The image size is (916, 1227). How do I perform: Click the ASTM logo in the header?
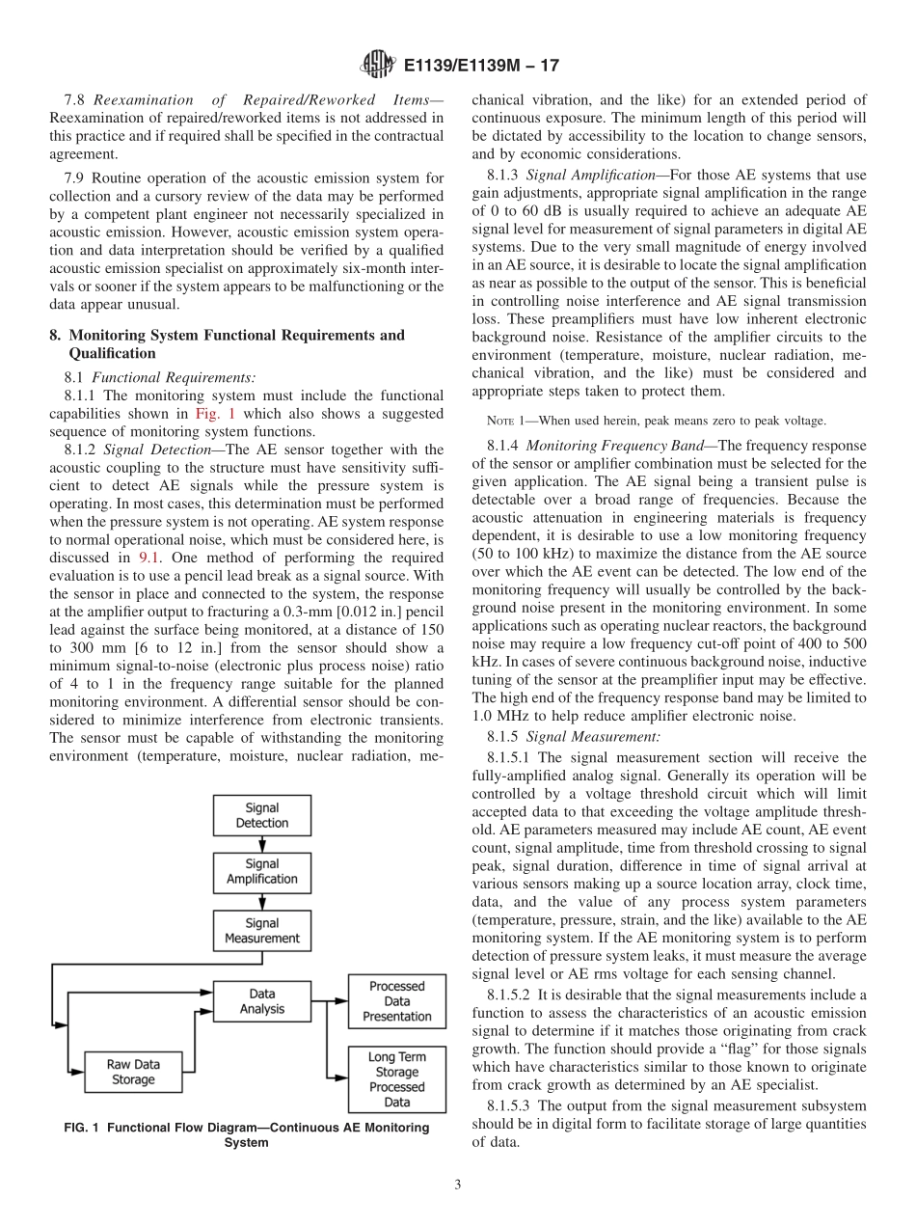point(377,66)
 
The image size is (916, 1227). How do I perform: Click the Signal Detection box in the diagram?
point(261,815)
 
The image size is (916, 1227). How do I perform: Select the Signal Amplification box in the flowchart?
point(261,872)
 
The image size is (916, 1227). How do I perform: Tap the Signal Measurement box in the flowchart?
point(261,931)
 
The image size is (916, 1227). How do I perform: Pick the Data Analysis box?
point(261,1001)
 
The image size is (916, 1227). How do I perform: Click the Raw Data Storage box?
point(133,1072)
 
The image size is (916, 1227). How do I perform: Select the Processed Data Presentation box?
point(396,1001)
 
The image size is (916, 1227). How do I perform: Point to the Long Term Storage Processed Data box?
point(396,1079)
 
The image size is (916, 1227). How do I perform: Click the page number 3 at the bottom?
point(457,1186)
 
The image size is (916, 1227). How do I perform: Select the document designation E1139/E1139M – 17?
point(481,67)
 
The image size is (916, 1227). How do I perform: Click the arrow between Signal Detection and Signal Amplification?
point(261,844)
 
